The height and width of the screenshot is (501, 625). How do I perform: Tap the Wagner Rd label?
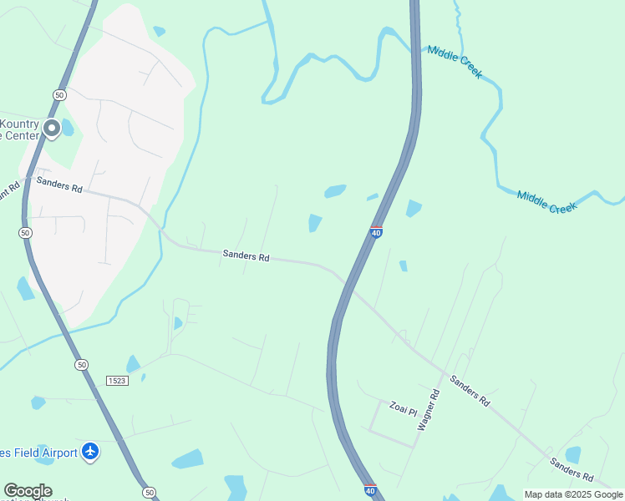point(428,409)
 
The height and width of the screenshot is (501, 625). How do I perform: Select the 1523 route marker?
point(117,381)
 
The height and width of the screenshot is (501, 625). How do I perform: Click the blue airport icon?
point(91,452)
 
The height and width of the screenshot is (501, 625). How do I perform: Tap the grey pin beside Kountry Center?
point(51,128)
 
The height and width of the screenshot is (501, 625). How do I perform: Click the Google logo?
point(28,491)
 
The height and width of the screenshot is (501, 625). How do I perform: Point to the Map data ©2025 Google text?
point(573,494)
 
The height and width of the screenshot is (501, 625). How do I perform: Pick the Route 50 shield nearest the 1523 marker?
point(80,365)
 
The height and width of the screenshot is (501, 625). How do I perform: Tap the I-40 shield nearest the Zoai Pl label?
point(370,490)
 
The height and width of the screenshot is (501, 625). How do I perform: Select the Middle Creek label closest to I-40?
point(455,62)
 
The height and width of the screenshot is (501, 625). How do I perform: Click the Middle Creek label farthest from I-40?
point(546,201)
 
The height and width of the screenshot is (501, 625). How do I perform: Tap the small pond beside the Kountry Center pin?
point(67,127)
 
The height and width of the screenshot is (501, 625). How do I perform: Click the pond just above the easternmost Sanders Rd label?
point(572,454)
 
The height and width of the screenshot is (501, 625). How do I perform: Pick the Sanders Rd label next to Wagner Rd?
point(469,390)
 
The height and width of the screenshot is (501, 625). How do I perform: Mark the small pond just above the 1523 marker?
point(132,363)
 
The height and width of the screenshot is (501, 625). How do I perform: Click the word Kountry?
point(19,124)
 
